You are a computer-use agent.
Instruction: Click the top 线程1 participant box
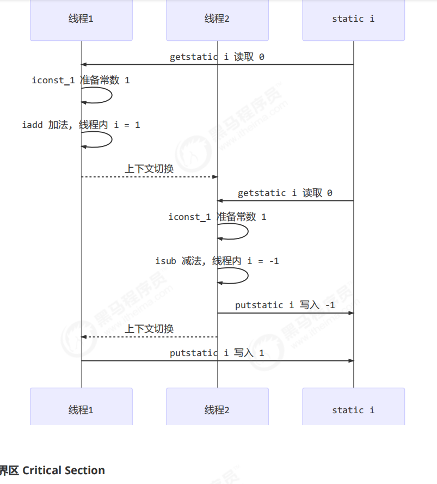pos(81,19)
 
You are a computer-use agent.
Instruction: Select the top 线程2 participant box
pos(217,19)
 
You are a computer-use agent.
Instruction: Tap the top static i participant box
pos(353,19)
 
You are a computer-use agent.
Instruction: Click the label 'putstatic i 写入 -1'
pos(285,305)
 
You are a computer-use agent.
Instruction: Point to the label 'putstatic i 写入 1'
pos(217,353)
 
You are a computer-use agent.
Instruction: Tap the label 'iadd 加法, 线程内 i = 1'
pos(81,125)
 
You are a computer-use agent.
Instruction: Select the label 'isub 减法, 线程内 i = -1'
pos(217,261)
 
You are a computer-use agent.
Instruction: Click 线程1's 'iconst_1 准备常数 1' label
pos(81,80)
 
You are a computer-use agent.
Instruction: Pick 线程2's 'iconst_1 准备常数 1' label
pos(217,217)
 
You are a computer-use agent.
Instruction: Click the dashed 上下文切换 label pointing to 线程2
pos(149,169)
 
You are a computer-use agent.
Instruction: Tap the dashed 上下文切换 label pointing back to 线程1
pos(149,329)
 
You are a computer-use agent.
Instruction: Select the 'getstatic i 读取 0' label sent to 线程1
pos(217,57)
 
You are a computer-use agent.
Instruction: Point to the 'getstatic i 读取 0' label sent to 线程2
pos(285,193)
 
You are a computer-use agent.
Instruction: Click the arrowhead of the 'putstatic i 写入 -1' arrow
pos(351,313)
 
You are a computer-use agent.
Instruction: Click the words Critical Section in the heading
pos(64,470)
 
